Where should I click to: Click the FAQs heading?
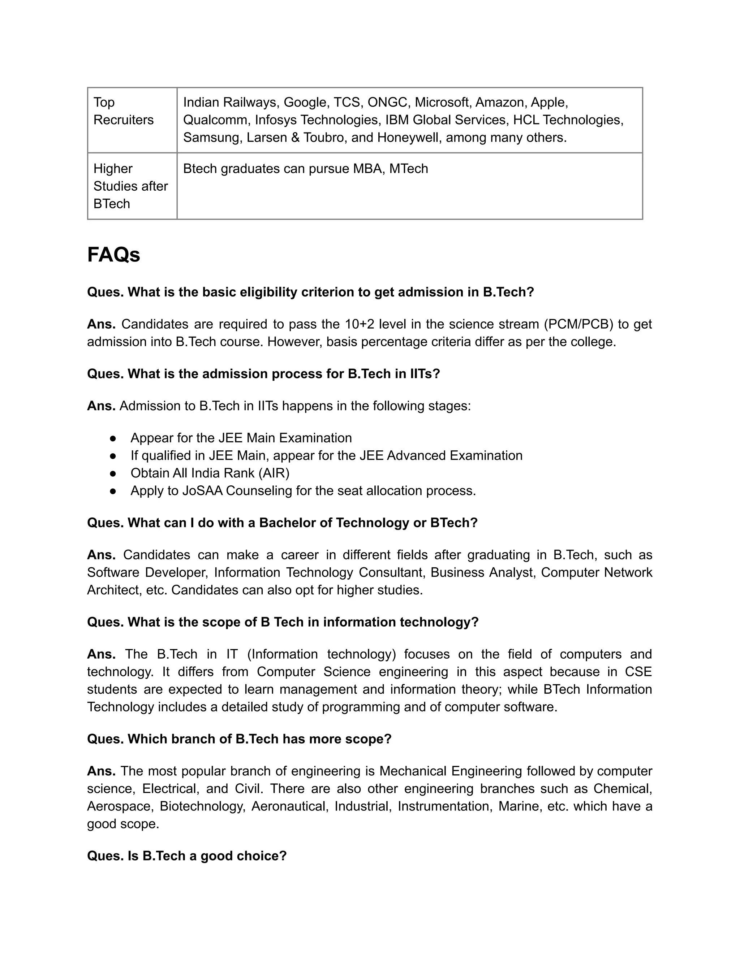tap(113, 255)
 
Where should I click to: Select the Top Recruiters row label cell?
tap(123, 111)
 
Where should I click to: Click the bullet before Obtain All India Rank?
tap(113, 473)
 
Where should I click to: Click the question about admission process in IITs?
tap(263, 374)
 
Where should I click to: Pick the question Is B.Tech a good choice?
tap(187, 856)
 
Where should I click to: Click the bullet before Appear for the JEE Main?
tap(113, 438)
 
